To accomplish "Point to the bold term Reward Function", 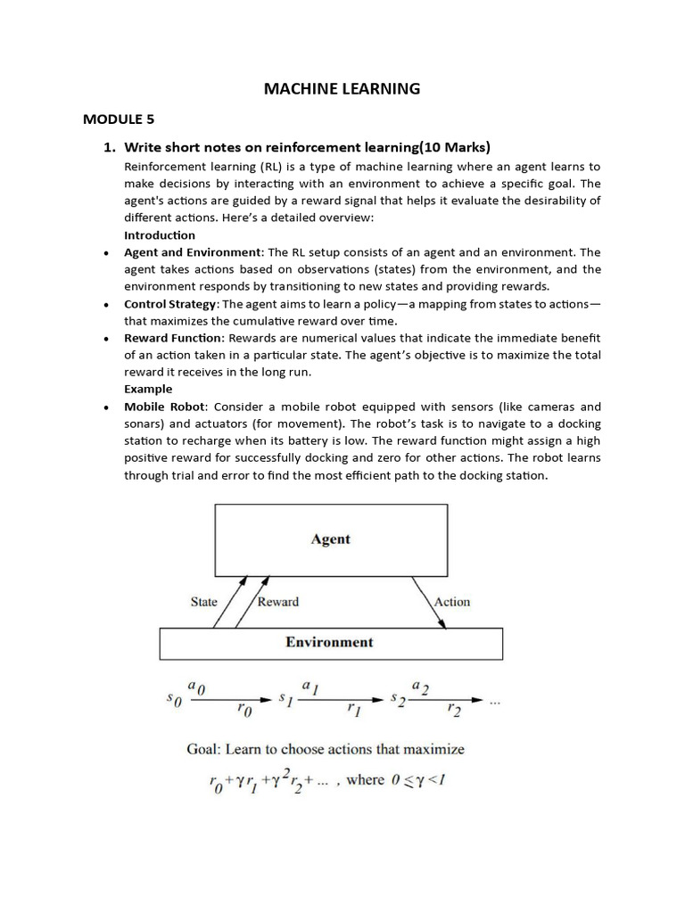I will click(x=174, y=338).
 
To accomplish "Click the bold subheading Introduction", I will click(x=159, y=235).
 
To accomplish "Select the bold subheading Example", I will click(x=147, y=390).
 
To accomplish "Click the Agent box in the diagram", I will click(x=330, y=539).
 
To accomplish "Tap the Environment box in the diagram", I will click(x=330, y=642).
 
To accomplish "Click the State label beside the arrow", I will click(x=203, y=602).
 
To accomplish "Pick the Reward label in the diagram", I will click(x=277, y=602).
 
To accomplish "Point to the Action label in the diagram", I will click(x=451, y=602).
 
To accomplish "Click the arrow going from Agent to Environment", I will click(x=429, y=603).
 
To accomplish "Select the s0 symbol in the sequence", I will click(x=174, y=702).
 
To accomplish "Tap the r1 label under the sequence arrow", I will click(x=353, y=711).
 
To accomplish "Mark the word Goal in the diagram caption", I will click(x=203, y=749).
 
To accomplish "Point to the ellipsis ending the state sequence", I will click(x=496, y=702).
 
